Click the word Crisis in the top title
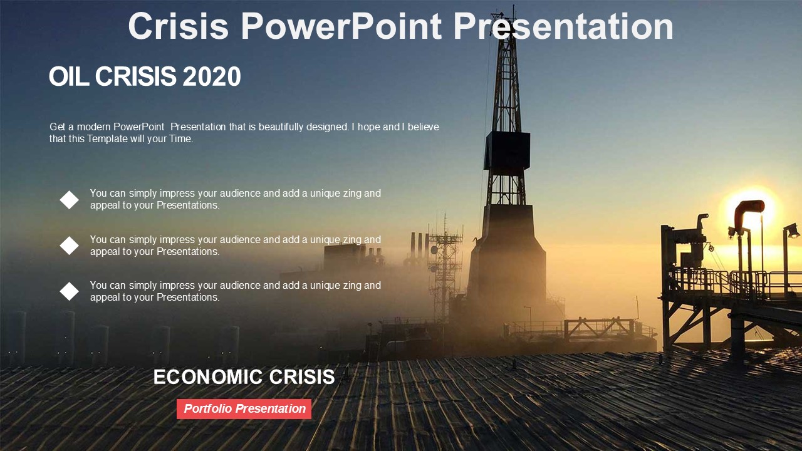click(179, 26)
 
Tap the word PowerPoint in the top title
click(341, 26)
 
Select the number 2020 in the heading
click(212, 76)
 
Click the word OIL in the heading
click(69, 76)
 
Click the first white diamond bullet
click(69, 200)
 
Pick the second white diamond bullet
click(69, 246)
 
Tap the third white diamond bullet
click(69, 291)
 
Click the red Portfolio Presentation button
click(244, 409)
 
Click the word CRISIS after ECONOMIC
click(302, 377)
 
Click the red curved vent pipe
click(747, 211)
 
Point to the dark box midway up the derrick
click(507, 150)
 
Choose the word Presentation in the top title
click(563, 26)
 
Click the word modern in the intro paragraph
click(94, 127)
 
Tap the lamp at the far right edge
click(792, 231)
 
